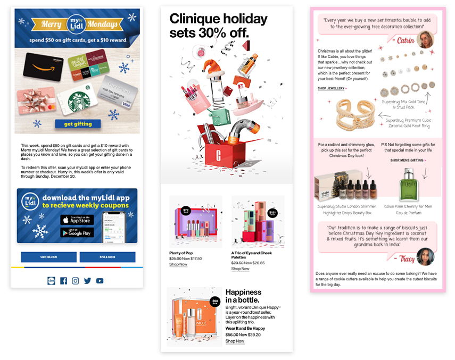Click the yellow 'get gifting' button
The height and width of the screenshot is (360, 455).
(77, 124)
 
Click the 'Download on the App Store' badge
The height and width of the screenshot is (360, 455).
(77, 220)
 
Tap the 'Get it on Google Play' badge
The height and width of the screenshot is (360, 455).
(77, 232)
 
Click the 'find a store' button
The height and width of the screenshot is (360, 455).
(107, 257)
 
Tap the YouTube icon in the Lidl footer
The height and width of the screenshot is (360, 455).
(100, 281)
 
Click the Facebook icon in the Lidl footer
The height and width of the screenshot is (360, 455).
(63, 281)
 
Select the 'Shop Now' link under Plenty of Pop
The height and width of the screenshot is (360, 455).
(178, 264)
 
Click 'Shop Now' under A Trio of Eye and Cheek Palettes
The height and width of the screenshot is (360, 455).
(240, 269)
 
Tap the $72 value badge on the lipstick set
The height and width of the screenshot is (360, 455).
(186, 211)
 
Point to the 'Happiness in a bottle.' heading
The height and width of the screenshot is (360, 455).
(244, 297)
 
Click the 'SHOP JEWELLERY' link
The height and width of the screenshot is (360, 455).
(331, 88)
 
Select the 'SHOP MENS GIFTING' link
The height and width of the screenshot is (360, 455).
(408, 160)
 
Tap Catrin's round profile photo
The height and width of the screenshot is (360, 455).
(425, 39)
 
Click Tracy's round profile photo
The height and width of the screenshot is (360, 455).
(425, 257)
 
